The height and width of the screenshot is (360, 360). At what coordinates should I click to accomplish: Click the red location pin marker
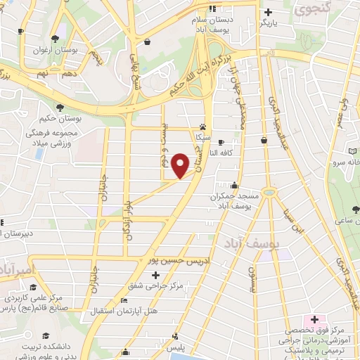181,165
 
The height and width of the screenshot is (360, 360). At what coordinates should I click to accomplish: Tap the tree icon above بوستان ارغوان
55,38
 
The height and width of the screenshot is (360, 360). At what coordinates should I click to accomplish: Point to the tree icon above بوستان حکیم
60,107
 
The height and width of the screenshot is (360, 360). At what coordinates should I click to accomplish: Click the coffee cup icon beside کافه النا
221,141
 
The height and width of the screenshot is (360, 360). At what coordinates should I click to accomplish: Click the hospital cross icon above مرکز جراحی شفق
155,274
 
